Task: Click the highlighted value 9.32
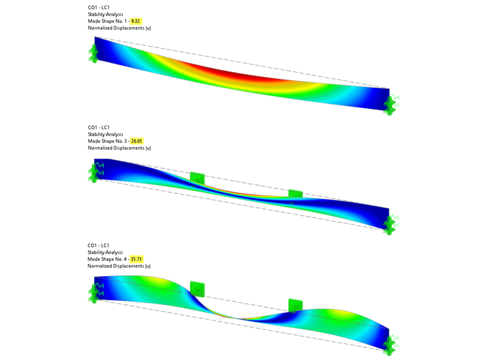[136, 21]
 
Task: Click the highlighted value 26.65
[137, 141]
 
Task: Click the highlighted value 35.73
[137, 259]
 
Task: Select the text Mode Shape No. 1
[108, 21]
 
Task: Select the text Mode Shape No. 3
[108, 141]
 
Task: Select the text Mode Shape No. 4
[108, 259]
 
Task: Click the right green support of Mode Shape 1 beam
[392, 102]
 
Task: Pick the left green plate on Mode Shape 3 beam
[198, 179]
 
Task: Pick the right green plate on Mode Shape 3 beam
[295, 193]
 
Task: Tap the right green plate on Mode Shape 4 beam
[295, 305]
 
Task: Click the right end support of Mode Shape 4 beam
[390, 341]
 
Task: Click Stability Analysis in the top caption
[105, 14]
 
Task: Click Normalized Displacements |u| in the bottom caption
[119, 266]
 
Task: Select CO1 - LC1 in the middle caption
[99, 127]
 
